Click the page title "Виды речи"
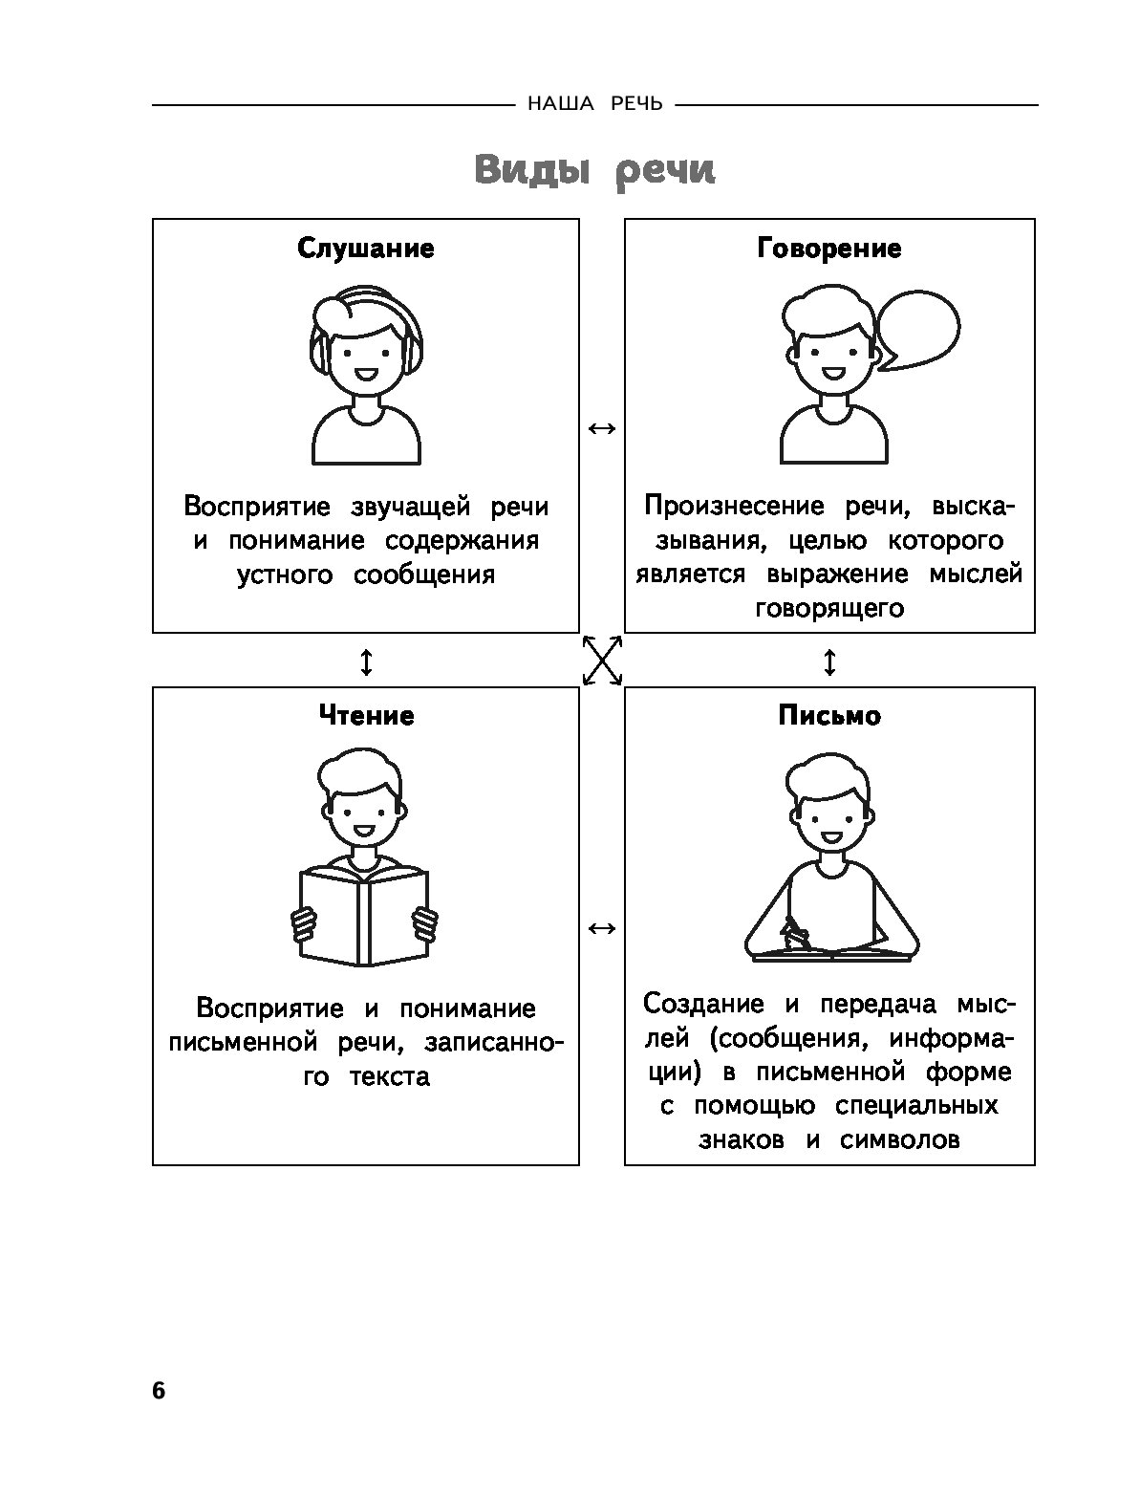point(593,171)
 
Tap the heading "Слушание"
point(366,249)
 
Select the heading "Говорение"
point(828,249)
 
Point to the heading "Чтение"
point(366,716)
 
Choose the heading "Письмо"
point(828,716)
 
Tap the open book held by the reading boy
point(363,915)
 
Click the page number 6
point(159,1390)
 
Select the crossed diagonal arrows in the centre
point(602,661)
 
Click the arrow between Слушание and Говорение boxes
point(602,429)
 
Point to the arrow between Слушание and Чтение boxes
point(366,661)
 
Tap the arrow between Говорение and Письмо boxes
point(828,661)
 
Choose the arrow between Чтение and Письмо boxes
point(602,928)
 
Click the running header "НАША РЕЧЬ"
point(594,104)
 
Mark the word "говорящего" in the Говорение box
point(828,608)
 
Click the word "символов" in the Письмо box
point(900,1140)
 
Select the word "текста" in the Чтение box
point(390,1076)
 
